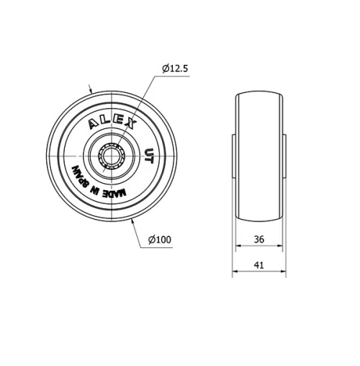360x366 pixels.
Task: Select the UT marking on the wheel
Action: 148,155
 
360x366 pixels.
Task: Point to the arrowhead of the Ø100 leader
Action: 133,220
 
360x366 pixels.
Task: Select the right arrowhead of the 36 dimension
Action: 279,247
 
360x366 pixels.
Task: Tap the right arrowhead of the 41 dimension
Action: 286,274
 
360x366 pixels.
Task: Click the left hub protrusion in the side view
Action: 235,154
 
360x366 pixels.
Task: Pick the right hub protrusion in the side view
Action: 284,154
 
